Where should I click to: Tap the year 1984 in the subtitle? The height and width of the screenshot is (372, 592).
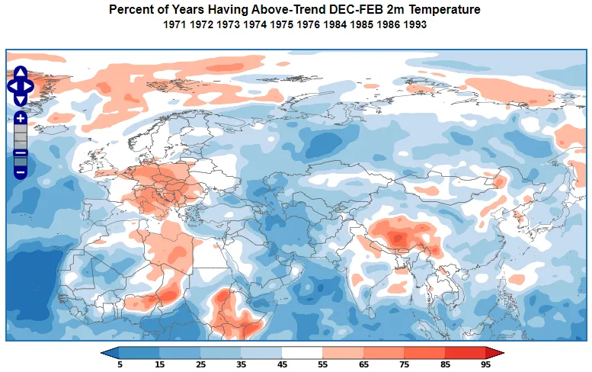point(335,25)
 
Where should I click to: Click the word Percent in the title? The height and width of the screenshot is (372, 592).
point(130,10)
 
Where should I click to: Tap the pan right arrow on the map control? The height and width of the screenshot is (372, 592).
point(29,86)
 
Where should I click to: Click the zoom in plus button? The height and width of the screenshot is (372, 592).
point(21,118)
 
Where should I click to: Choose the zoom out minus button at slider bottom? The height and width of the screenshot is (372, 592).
point(21,172)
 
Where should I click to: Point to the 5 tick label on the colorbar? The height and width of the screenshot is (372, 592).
point(120,365)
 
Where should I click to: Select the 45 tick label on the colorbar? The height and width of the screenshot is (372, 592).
point(282,365)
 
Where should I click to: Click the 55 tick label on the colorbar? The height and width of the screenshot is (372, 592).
point(322,365)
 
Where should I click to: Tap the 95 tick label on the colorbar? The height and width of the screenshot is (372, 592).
point(485,365)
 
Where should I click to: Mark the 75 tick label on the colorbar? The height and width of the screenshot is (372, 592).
point(404,365)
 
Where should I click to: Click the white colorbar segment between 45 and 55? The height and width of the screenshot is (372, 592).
point(302,352)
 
